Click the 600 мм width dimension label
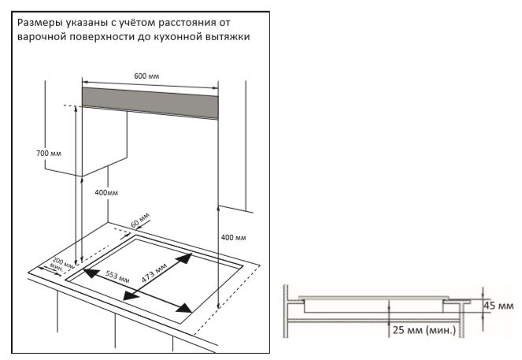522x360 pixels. coord(146,75)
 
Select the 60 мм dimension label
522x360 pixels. coord(139,220)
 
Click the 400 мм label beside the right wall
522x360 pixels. coord(234,237)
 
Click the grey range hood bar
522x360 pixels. coord(150,101)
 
